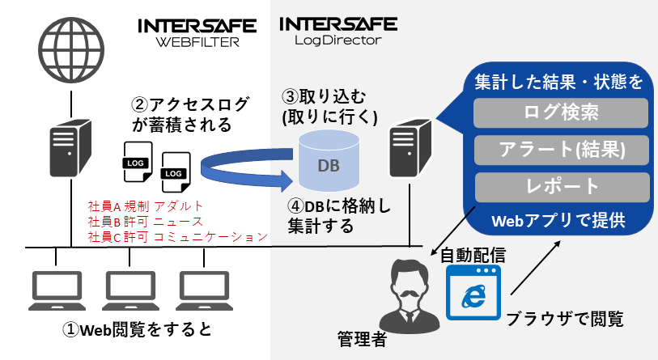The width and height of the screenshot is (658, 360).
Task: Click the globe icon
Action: pyautogui.click(x=71, y=50)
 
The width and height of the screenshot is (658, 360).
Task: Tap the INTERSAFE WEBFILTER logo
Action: pyautogui.click(x=197, y=32)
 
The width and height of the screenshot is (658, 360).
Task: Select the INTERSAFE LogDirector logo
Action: pyautogui.click(x=338, y=31)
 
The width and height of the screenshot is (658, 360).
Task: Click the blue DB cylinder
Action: pyautogui.click(x=329, y=161)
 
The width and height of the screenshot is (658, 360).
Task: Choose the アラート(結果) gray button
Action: pyautogui.click(x=562, y=150)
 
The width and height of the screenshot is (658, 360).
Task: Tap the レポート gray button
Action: pyautogui.click(x=562, y=187)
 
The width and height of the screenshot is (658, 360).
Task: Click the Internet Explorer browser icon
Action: pyautogui.click(x=473, y=292)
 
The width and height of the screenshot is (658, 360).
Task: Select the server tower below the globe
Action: pyautogui.click(x=70, y=148)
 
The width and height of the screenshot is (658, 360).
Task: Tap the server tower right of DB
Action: pyautogui.click(x=410, y=148)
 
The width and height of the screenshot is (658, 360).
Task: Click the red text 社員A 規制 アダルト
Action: pyautogui.click(x=145, y=206)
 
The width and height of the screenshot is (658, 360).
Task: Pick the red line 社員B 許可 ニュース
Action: pyautogui.click(x=145, y=222)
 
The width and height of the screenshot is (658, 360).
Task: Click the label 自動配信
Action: pyautogui.click(x=473, y=255)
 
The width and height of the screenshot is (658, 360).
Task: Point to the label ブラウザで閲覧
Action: pyautogui.click(x=565, y=319)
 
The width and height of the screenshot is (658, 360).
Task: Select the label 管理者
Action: pyautogui.click(x=362, y=339)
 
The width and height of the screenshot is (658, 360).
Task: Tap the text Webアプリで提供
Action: pyautogui.click(x=558, y=221)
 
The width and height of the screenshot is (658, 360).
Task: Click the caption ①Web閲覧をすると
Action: pyautogui.click(x=137, y=329)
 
